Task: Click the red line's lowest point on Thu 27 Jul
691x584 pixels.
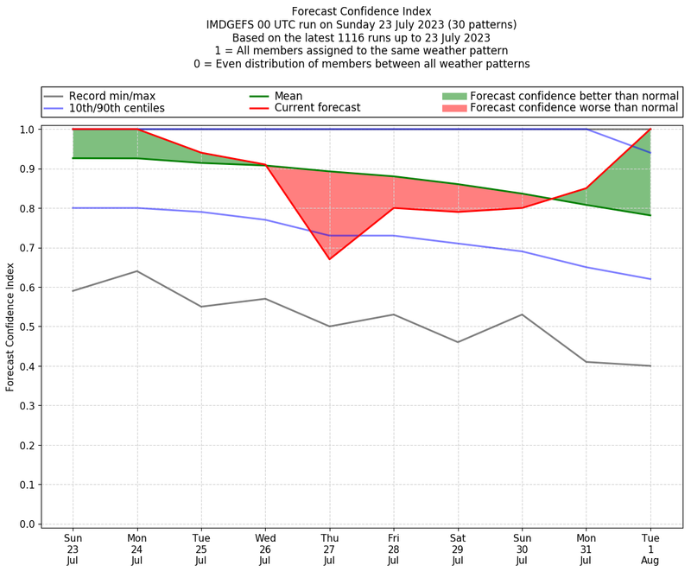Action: click(329, 259)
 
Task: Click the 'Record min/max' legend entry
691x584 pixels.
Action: click(111, 95)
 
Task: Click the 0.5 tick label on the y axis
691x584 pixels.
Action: click(27, 327)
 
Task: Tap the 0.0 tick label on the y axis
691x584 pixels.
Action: click(27, 524)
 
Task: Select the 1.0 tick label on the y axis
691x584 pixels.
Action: click(27, 130)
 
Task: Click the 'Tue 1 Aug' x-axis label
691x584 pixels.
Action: click(650, 549)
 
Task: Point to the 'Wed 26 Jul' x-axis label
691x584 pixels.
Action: click(265, 549)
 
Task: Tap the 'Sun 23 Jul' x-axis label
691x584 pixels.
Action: click(73, 549)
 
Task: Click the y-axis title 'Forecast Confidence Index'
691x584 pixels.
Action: click(10, 327)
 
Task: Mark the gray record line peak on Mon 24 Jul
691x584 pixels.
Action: click(136, 271)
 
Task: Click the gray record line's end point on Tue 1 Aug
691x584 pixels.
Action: click(650, 366)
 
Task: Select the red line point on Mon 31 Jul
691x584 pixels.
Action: click(586, 188)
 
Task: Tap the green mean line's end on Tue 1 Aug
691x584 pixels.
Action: click(650, 215)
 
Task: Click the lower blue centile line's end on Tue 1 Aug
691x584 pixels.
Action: click(650, 279)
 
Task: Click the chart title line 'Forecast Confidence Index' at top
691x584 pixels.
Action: click(361, 11)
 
